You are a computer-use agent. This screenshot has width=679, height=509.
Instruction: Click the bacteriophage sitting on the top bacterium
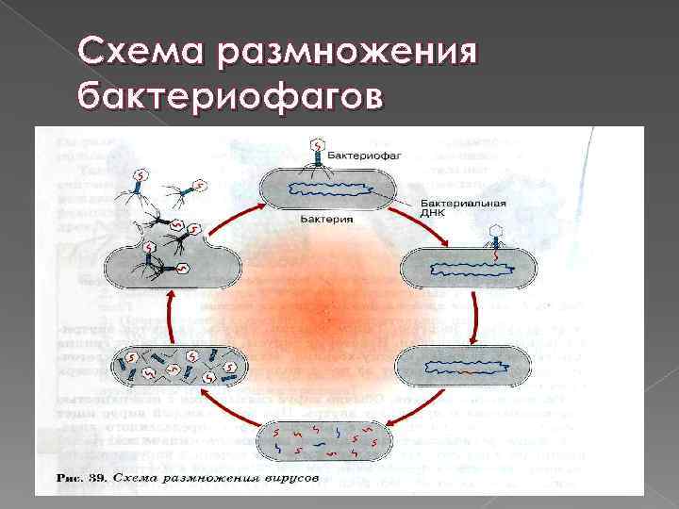[x=318, y=156]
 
